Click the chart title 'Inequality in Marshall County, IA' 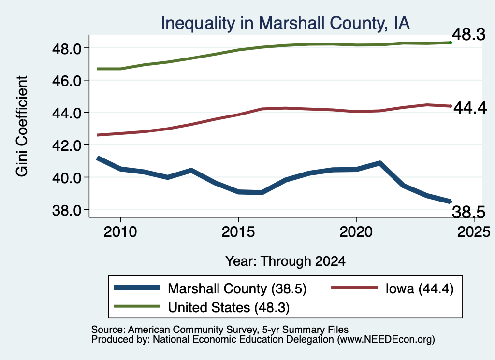click(x=285, y=23)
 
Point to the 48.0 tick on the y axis click(x=67, y=49)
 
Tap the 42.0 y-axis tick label click(x=67, y=145)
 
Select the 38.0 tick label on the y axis click(x=67, y=210)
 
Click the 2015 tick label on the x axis click(x=238, y=232)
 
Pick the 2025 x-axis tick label click(x=474, y=232)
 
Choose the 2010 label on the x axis click(x=120, y=232)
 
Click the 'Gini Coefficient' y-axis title click(x=22, y=126)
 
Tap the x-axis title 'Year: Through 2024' click(x=285, y=261)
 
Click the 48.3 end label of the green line click(x=469, y=34)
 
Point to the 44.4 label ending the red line click(x=470, y=108)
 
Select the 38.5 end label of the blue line click(x=469, y=212)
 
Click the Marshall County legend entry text click(x=237, y=288)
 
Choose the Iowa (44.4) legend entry click(x=420, y=288)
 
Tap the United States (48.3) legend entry click(x=229, y=308)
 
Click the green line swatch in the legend click(x=137, y=306)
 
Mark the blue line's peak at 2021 click(x=380, y=163)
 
